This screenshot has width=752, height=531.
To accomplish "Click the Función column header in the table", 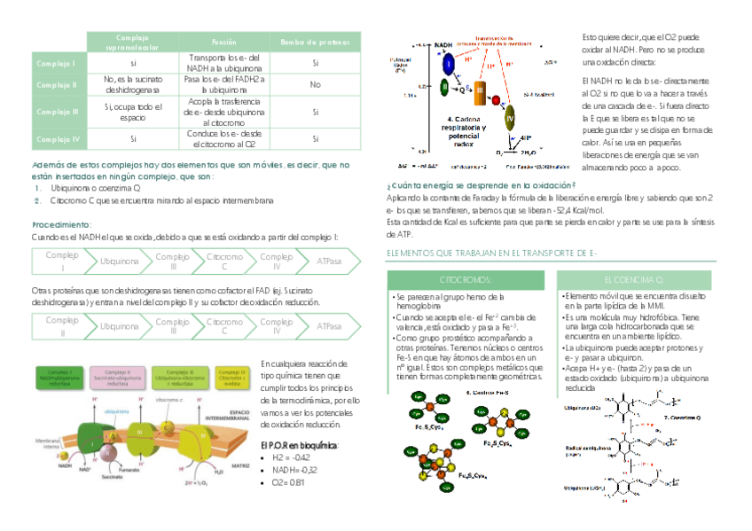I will (223, 43).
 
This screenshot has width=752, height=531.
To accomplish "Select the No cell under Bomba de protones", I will (315, 85).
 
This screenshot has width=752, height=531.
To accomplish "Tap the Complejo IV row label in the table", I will (59, 139).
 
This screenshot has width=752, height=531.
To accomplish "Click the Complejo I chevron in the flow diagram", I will (61, 261).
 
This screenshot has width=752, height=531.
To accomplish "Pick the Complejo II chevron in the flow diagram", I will (61, 325).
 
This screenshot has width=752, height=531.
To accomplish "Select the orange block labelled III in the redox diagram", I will (480, 90).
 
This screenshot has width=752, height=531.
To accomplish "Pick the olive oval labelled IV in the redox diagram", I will (509, 117).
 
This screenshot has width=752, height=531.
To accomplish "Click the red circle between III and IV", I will (497, 100).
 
